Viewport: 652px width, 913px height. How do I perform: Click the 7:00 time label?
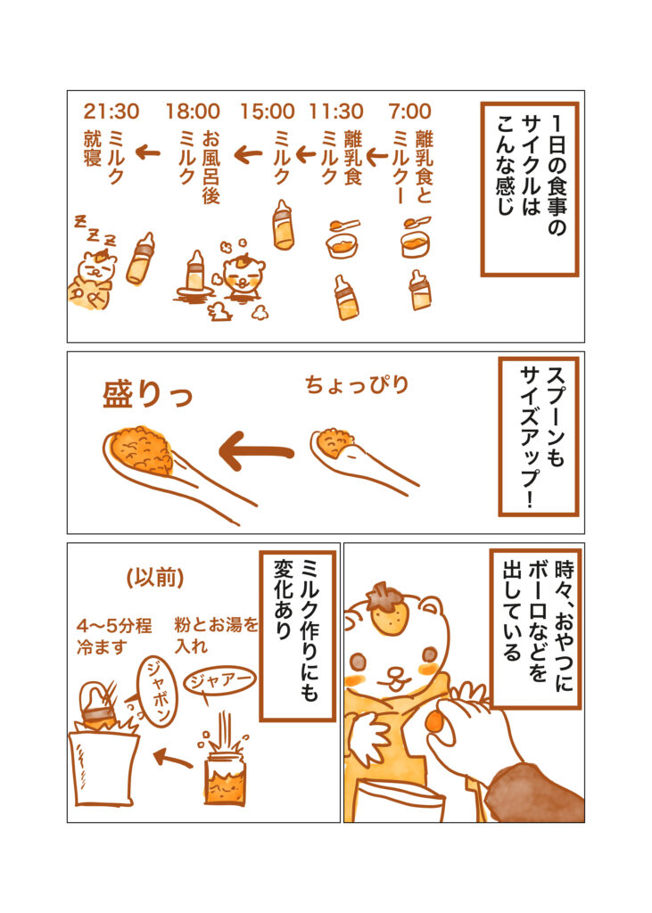pyautogui.click(x=409, y=111)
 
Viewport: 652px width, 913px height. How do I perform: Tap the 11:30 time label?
pyautogui.click(x=336, y=111)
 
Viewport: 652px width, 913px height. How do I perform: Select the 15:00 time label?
pyautogui.click(x=268, y=111)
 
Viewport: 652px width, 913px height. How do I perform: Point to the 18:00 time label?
pyautogui.click(x=193, y=111)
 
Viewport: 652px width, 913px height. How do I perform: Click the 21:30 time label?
pyautogui.click(x=111, y=111)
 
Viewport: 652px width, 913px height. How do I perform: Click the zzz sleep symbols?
pyautogui.click(x=95, y=231)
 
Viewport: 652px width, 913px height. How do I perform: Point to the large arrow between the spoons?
pyautogui.click(x=256, y=450)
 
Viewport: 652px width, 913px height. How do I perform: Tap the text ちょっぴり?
pyautogui.click(x=357, y=385)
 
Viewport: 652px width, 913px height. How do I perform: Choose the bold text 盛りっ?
pyautogui.click(x=147, y=394)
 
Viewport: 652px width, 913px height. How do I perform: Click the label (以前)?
pyautogui.click(x=155, y=578)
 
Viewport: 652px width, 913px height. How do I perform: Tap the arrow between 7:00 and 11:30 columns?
pyautogui.click(x=377, y=155)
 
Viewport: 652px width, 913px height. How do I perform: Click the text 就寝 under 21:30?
pyautogui.click(x=93, y=149)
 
